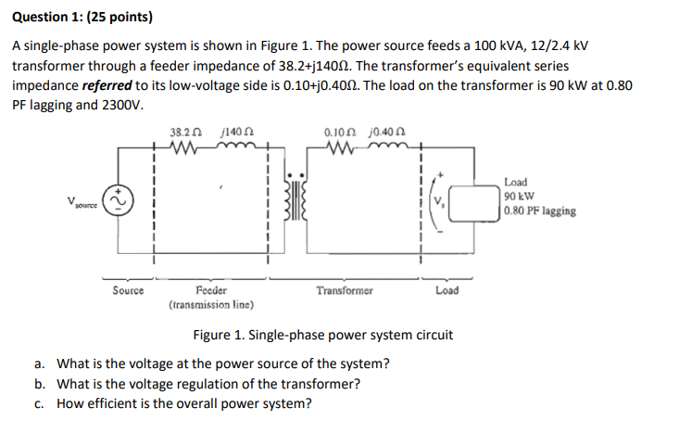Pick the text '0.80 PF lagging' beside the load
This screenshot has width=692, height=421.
[x=540, y=210]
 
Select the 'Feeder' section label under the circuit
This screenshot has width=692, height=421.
[x=212, y=290]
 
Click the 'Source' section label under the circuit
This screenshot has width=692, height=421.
[x=128, y=290]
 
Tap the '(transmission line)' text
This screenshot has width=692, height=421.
[x=212, y=304]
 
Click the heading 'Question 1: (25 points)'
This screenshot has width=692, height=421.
[x=82, y=17]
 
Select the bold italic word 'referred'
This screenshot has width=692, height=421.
[x=107, y=86]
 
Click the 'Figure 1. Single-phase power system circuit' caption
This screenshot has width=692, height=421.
[x=323, y=335]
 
